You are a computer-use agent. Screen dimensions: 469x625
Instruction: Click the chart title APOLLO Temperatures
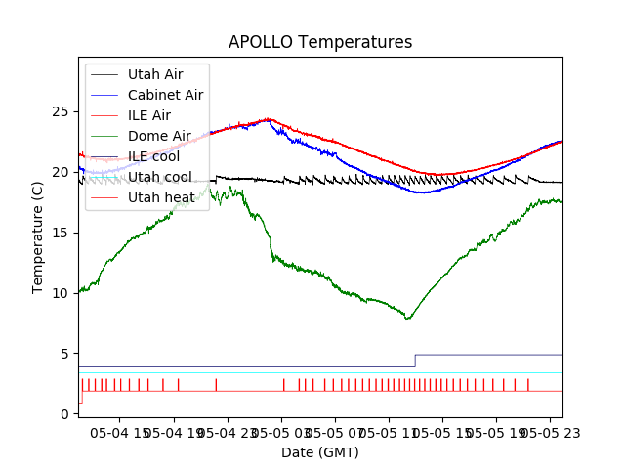coord(320,42)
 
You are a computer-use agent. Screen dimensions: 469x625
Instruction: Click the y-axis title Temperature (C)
coord(38,237)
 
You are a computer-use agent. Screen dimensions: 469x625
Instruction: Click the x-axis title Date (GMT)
coord(320,452)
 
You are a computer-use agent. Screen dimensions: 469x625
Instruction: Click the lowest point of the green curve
coord(407,319)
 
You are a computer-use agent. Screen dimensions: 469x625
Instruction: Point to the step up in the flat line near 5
coord(415,361)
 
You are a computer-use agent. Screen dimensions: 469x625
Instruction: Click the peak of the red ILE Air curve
coord(269,119)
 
